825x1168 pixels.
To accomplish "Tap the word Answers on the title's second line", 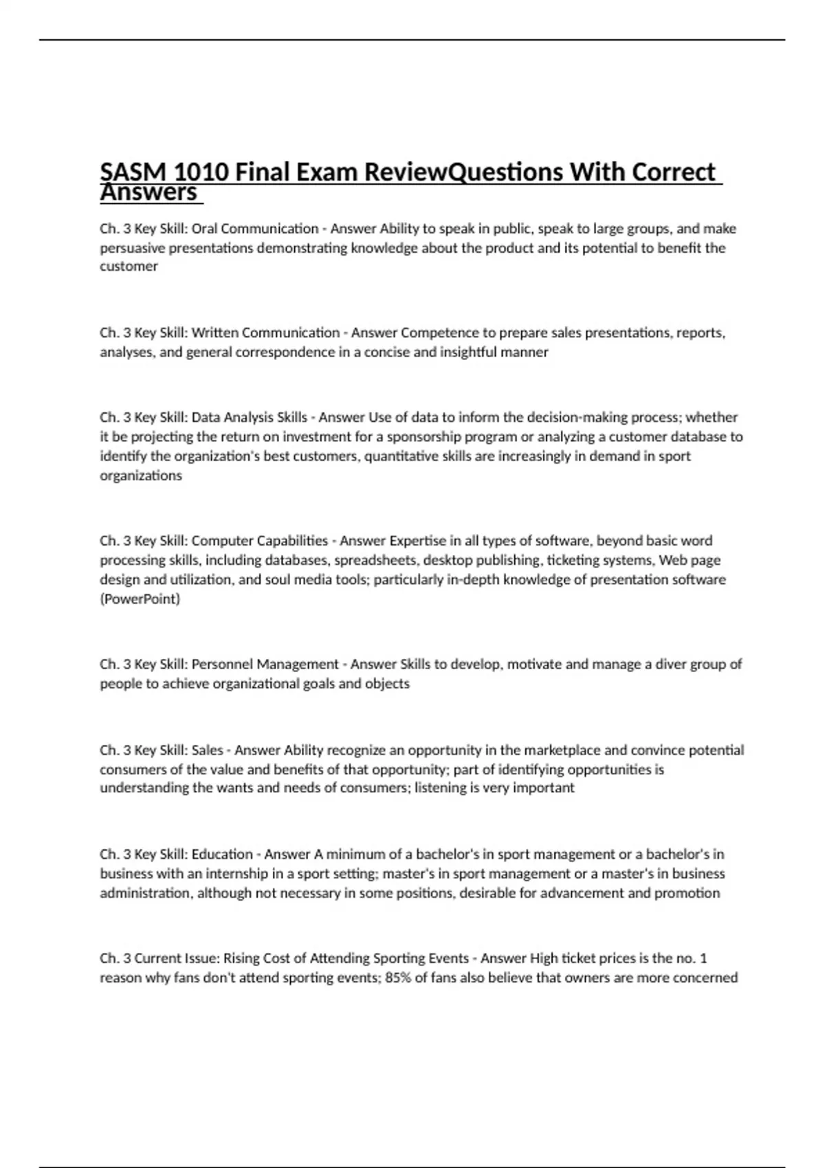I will (x=149, y=193).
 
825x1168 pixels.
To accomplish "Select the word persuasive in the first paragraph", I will (x=132, y=247).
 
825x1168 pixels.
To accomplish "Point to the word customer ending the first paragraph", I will (x=129, y=267).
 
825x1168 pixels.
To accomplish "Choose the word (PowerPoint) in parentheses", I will (x=140, y=599).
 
